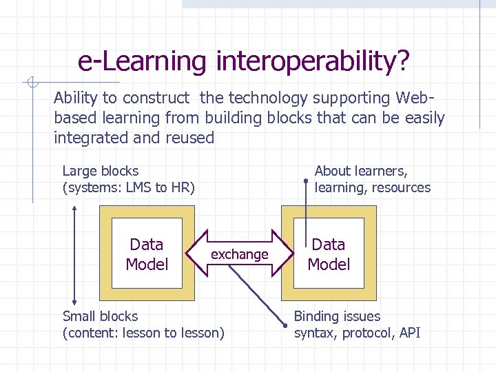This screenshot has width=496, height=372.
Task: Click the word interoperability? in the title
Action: pos(313,61)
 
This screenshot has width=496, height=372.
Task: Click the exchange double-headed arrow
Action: pos(239,254)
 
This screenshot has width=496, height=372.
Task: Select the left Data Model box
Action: pos(147,254)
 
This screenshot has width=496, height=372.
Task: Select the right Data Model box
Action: pos(329,254)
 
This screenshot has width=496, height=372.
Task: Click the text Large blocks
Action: pos(101,171)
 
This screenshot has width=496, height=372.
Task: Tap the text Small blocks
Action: pos(100,316)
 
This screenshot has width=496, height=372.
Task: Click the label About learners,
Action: pos(361,171)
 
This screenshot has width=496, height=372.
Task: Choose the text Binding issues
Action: pos(337,316)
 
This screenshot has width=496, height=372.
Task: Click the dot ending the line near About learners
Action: pos(306,180)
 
